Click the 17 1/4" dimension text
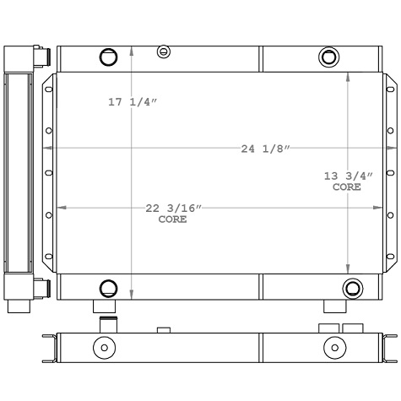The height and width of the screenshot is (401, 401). pyautogui.click(x=133, y=102)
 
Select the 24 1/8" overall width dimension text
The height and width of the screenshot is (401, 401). pyautogui.click(x=265, y=149)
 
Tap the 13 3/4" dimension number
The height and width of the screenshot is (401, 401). pyautogui.click(x=348, y=176)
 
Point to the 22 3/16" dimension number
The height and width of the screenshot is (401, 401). pyautogui.click(x=174, y=208)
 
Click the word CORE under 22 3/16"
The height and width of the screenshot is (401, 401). pyautogui.click(x=173, y=219)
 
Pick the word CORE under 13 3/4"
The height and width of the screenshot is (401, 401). pyautogui.click(x=346, y=187)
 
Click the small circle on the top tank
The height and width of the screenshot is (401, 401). pyautogui.click(x=164, y=52)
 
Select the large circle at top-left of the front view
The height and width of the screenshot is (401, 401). pyautogui.click(x=108, y=57)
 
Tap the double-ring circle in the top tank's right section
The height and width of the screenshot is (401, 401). pyautogui.click(x=328, y=57)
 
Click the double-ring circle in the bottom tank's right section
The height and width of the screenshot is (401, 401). pyautogui.click(x=350, y=287)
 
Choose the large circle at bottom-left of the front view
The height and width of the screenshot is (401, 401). pyautogui.click(x=108, y=288)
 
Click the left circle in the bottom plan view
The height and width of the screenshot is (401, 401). pyautogui.click(x=104, y=347)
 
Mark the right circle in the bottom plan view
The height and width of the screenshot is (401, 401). pyautogui.click(x=334, y=347)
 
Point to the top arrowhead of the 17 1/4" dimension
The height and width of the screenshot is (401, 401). pyautogui.click(x=132, y=47)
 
